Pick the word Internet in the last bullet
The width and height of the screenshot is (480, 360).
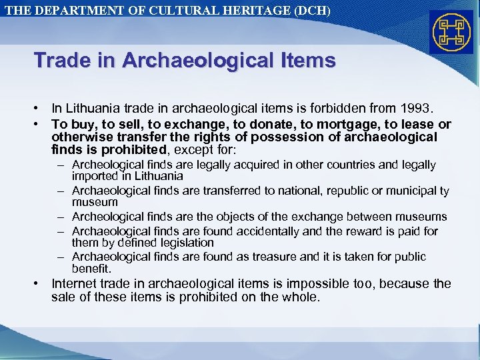click(75, 283)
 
